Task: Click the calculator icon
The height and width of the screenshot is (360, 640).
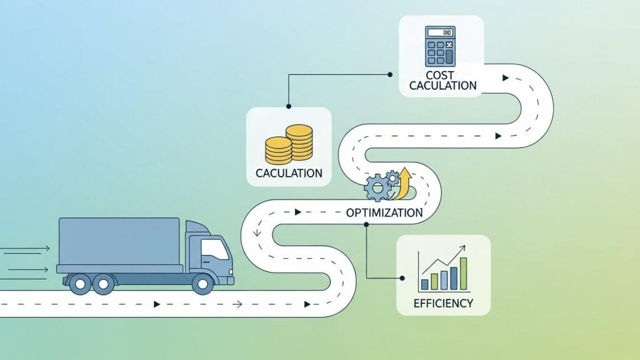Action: point(441,46)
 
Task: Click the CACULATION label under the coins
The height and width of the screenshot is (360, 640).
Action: point(289,173)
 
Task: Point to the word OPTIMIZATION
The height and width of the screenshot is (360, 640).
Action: point(384,212)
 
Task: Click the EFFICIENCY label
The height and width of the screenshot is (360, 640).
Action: point(443,304)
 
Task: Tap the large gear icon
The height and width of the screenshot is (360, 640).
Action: point(377,187)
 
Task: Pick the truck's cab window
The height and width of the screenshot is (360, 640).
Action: point(214,250)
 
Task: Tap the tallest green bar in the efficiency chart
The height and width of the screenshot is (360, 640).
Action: point(463,274)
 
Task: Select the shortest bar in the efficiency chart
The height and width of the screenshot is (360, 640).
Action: point(425,284)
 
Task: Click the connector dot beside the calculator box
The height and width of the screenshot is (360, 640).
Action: point(391,74)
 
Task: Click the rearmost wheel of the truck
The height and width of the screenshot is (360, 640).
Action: point(79,284)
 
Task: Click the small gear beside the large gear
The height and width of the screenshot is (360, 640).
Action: point(392,177)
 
